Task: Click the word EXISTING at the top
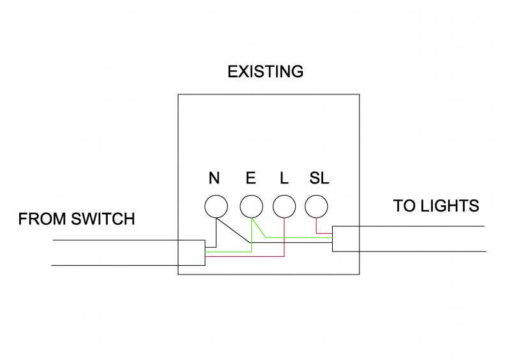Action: (265, 71)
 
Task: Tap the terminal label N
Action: (214, 178)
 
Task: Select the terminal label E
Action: (251, 178)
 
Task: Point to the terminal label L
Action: (284, 178)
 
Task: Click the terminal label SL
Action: (319, 178)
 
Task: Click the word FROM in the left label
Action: (42, 219)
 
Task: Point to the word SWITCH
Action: (103, 219)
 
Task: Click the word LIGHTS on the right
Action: (449, 206)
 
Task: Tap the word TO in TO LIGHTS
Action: (405, 206)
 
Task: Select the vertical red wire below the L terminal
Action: (284, 237)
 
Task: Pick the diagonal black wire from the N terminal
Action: (233, 230)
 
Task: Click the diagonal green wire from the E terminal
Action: (259, 227)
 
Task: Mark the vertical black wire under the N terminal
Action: (216, 233)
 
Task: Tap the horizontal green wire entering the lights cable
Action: (299, 238)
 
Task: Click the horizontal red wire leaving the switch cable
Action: (245, 257)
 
